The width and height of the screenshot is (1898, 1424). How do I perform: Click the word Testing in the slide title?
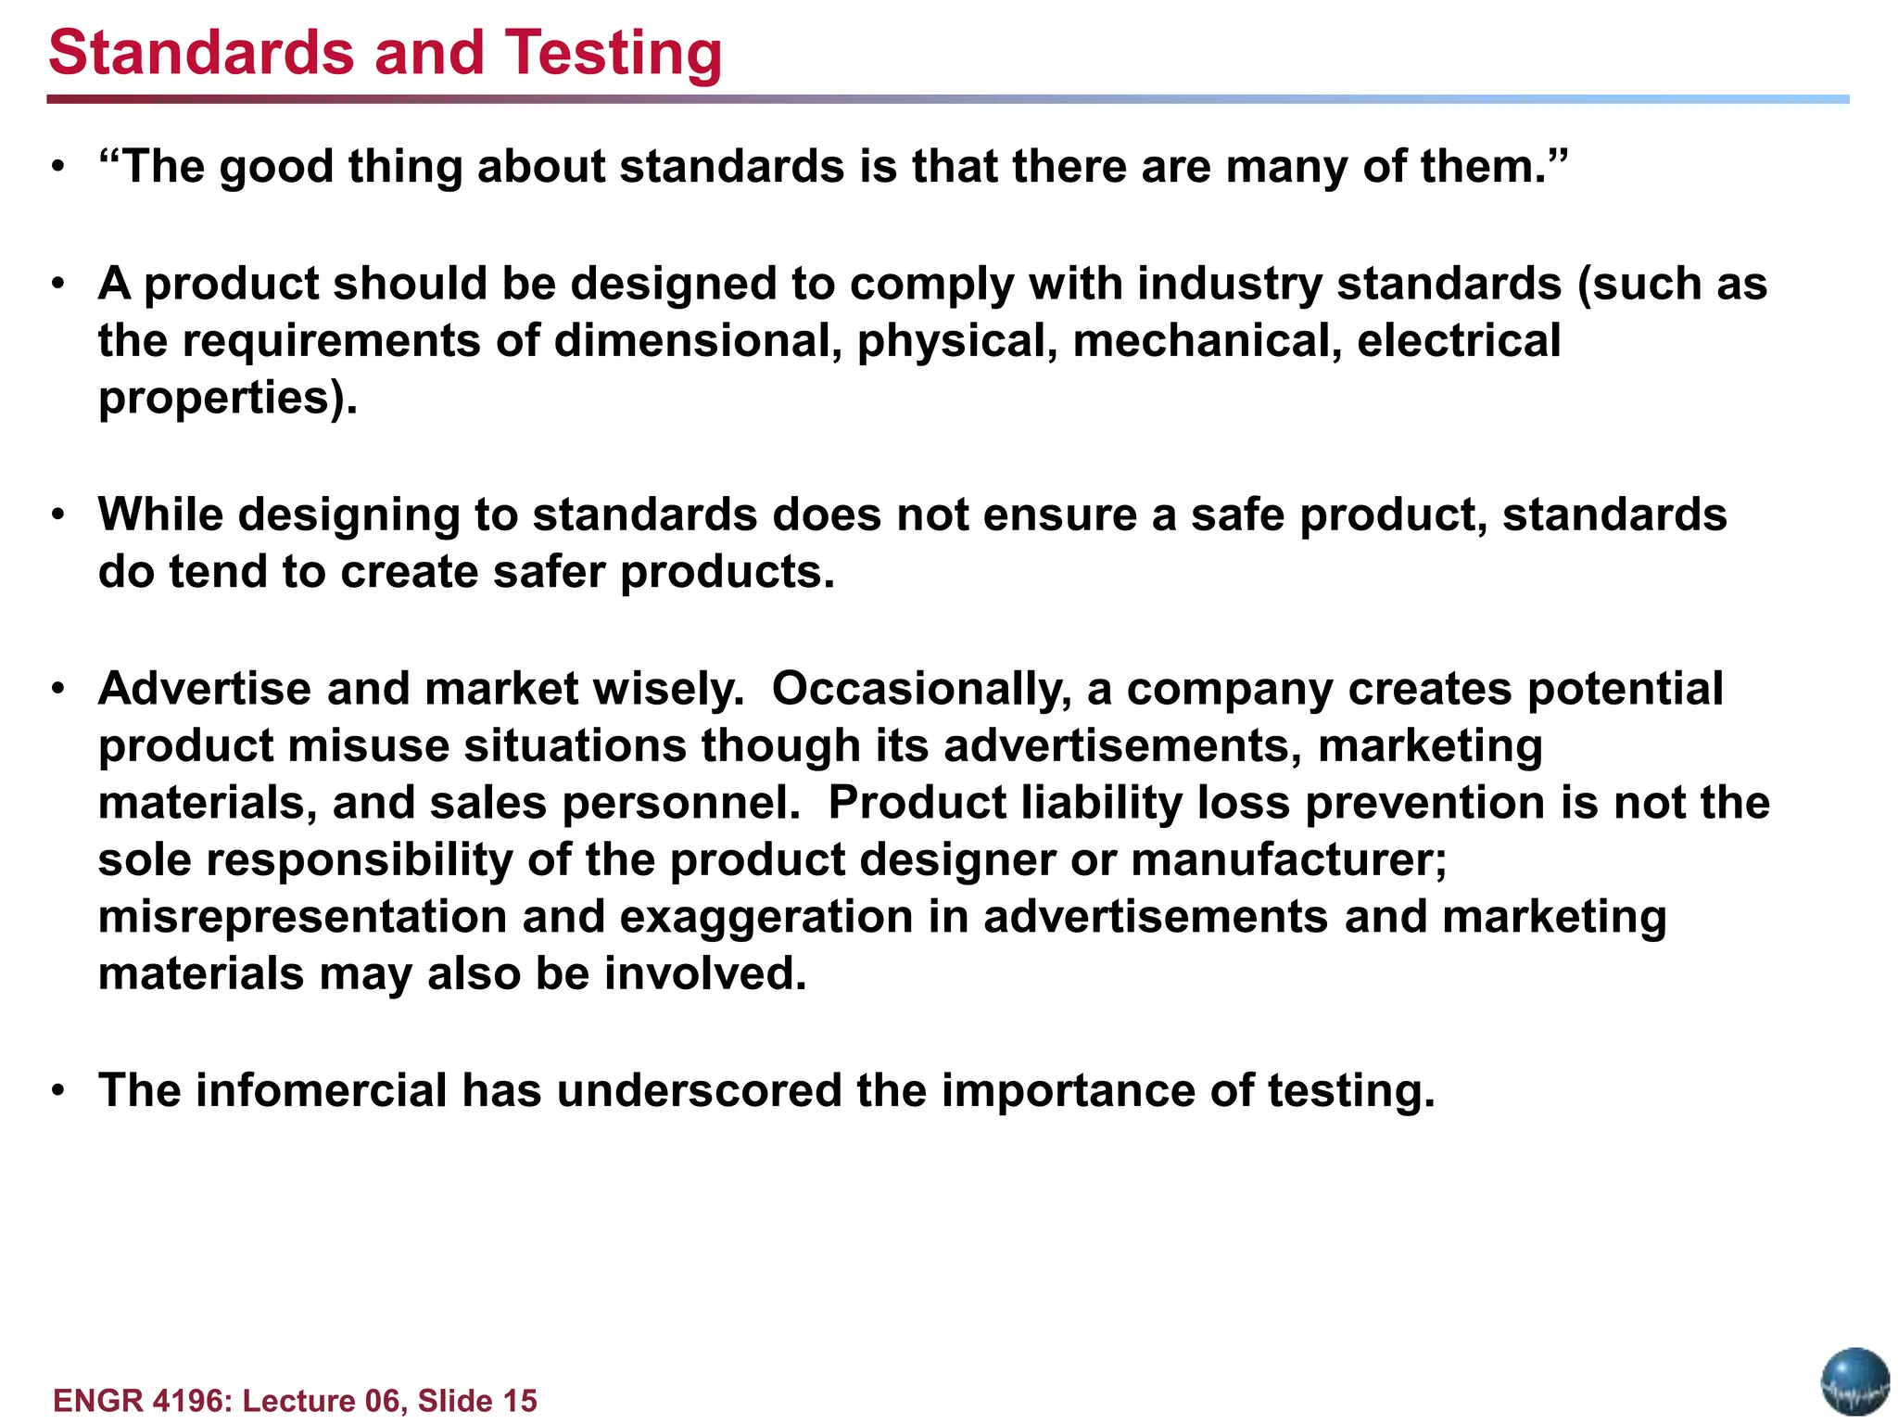pos(613,54)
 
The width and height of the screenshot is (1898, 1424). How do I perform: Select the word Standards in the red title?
pos(201,52)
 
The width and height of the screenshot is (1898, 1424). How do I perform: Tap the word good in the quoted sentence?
pos(275,168)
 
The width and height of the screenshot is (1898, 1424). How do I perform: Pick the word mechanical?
pos(1207,340)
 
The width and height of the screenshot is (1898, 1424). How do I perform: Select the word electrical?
pos(1459,340)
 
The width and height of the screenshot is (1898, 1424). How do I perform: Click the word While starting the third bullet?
pos(160,515)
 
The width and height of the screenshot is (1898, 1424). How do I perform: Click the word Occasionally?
pos(921,690)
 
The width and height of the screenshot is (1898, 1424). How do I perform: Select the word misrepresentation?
pos(302,918)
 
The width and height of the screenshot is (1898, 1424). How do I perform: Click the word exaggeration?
pos(766,918)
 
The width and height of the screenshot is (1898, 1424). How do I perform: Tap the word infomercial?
pos(321,1090)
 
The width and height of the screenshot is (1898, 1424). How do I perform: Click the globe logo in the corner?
pos(1854,1382)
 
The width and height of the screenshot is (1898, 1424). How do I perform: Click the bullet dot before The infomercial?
pos(58,1091)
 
